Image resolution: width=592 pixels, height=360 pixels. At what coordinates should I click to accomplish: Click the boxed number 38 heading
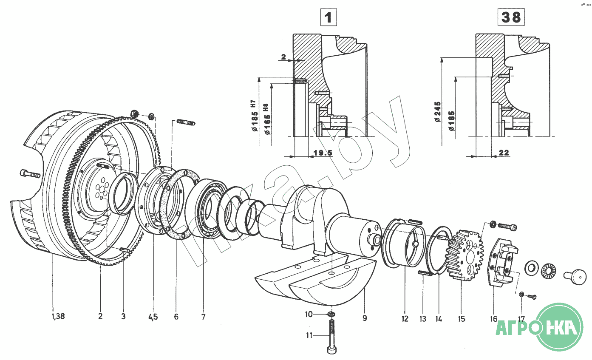(x=511, y=17)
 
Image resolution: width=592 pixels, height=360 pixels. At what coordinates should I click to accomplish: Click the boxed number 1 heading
(x=329, y=17)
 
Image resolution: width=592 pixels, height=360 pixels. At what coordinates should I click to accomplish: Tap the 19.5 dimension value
(x=323, y=153)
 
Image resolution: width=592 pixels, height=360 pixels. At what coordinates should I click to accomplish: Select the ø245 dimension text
(x=438, y=112)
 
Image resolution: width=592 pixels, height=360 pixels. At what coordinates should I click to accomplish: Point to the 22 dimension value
(x=504, y=153)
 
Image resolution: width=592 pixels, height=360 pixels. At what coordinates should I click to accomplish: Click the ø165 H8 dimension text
(x=267, y=119)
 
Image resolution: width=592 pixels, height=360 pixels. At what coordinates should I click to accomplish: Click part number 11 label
(x=309, y=335)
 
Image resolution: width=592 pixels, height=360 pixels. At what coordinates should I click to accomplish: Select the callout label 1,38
(x=58, y=316)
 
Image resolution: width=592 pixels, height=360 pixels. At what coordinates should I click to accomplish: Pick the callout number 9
(x=365, y=318)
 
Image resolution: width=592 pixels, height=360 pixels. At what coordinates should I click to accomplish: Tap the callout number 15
(x=462, y=319)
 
